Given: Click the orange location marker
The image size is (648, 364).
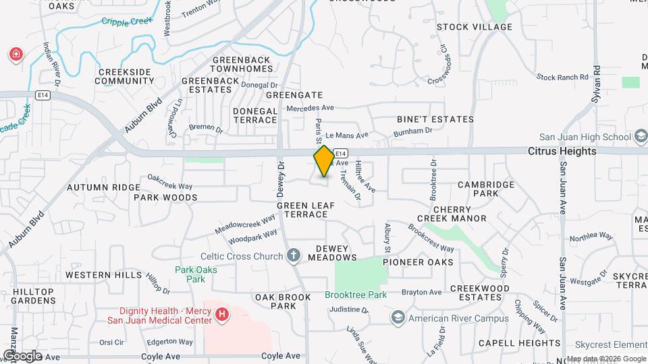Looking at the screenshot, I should (x=324, y=161).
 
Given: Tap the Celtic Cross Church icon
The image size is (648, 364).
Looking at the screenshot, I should (x=293, y=256).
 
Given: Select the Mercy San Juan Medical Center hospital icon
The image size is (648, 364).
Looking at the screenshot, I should (x=221, y=314).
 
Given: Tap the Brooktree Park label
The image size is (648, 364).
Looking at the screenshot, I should (x=356, y=295).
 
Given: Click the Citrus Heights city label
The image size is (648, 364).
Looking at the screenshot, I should (x=562, y=151).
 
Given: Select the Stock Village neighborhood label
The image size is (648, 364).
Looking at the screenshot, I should (x=475, y=27).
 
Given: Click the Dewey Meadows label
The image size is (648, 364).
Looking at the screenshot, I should (x=332, y=253).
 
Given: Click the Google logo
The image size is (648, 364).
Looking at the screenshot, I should (x=22, y=355).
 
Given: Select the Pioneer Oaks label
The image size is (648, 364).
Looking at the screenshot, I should (x=418, y=262).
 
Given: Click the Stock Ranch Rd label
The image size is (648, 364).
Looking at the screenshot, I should (x=562, y=78).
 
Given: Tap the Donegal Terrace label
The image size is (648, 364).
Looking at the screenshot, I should (x=255, y=115).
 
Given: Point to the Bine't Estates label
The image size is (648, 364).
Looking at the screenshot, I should (x=435, y=119).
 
